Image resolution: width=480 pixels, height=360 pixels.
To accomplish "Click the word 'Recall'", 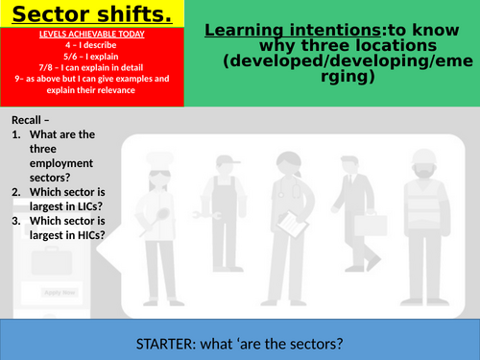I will [x=29, y=119].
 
